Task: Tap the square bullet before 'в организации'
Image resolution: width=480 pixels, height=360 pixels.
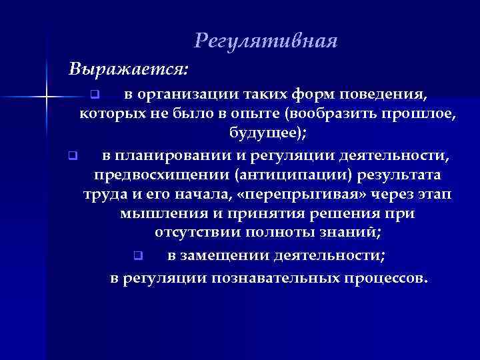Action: pos(95,91)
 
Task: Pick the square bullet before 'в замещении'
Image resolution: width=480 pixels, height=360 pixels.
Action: pos(137,255)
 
